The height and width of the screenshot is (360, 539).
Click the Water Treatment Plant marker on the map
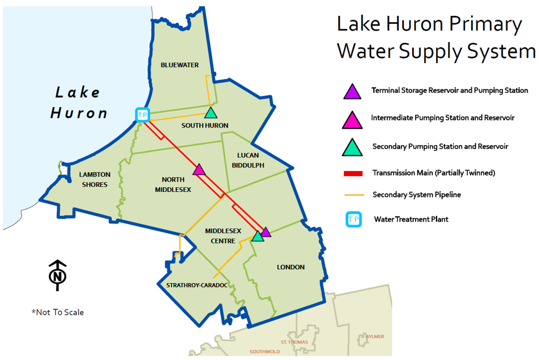[142, 114]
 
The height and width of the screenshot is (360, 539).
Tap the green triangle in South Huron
[211, 113]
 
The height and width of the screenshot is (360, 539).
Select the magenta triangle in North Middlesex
[199, 170]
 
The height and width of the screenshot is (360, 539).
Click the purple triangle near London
[266, 231]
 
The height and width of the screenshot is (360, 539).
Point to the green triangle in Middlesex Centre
[257, 236]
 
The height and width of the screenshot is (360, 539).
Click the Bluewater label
[179, 65]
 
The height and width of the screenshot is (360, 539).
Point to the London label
[291, 267]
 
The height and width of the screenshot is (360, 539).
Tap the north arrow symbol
[57, 275]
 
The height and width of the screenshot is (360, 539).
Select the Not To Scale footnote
[57, 312]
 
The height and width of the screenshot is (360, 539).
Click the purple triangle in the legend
[353, 91]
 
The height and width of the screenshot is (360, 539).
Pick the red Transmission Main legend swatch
[353, 173]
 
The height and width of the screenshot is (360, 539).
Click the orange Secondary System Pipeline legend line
[353, 195]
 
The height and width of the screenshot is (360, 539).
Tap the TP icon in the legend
[353, 219]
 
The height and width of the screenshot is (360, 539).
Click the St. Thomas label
[294, 342]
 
